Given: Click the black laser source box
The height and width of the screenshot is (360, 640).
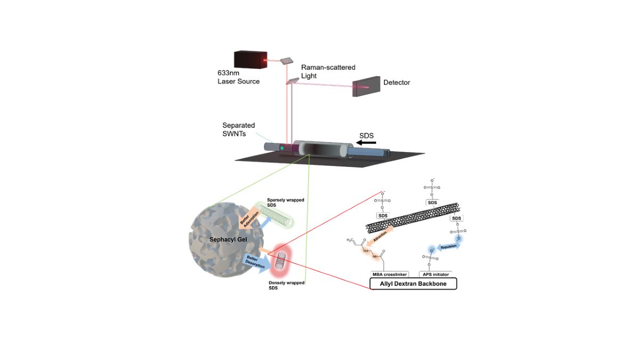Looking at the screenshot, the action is click(250, 60).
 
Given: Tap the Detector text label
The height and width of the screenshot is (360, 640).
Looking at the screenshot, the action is click(397, 83).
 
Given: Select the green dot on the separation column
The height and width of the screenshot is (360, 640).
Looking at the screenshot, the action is click(282, 147).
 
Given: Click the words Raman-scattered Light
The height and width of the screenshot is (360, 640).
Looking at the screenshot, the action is click(327, 71).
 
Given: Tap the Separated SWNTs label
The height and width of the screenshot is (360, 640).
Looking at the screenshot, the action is click(235, 129).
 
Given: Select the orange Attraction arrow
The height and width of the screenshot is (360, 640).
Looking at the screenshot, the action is click(382, 235).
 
